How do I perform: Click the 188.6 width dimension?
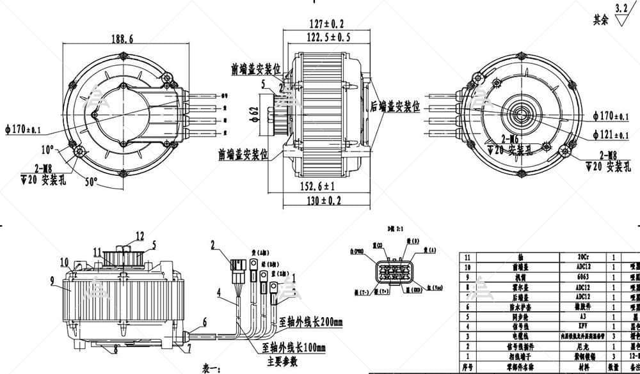[x=121, y=39]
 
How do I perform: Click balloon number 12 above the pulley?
[x=122, y=235]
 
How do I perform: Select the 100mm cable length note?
[x=294, y=348]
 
